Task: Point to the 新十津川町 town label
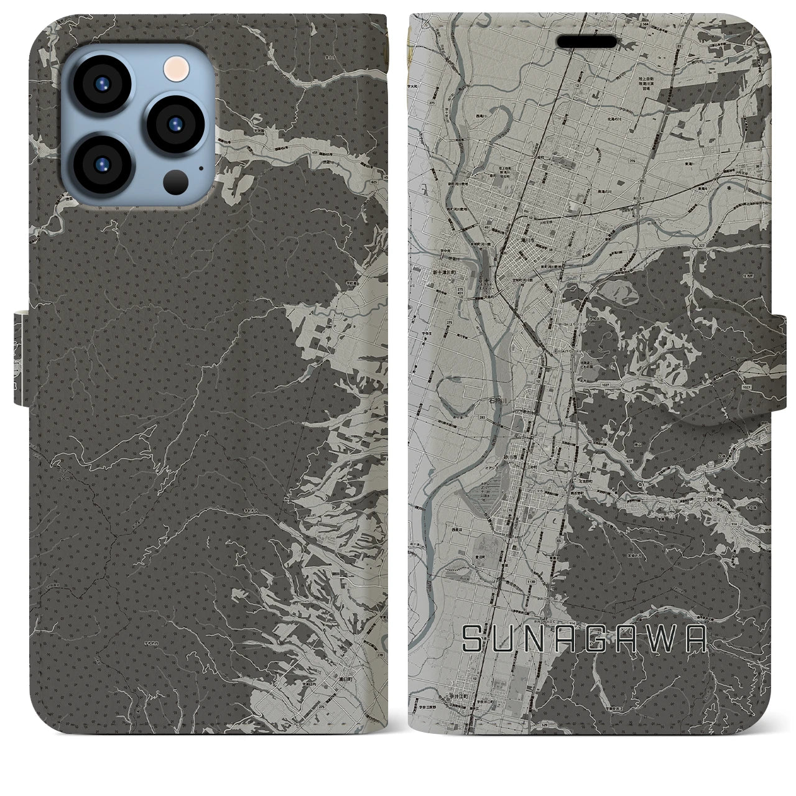coord(443,272)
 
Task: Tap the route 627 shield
coord(629,461)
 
